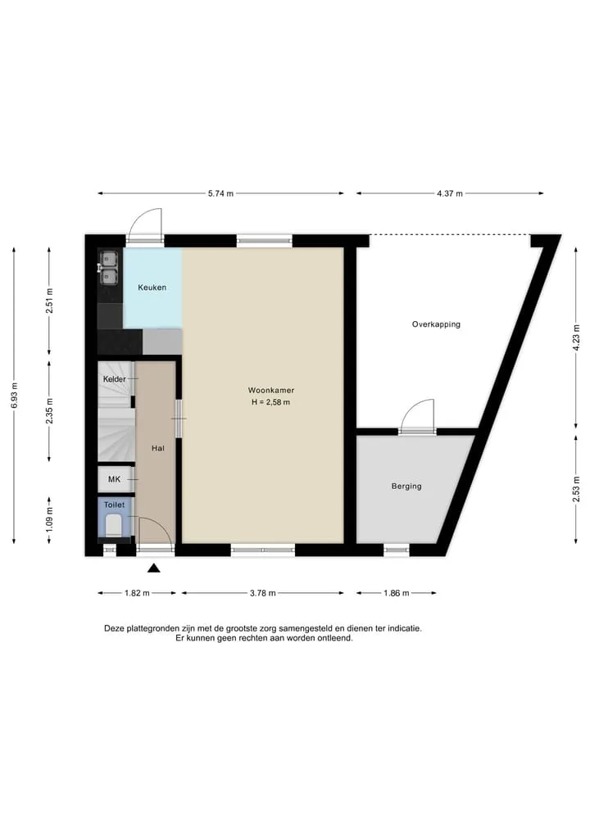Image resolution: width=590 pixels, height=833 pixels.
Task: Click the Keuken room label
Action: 152,287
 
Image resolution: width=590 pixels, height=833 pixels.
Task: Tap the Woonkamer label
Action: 271,390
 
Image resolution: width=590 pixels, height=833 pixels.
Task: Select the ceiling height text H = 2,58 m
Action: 271,402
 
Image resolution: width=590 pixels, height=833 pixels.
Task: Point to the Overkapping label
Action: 436,324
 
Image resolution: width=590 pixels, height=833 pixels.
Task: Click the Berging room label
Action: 406,486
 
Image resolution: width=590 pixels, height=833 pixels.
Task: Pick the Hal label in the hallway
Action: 158,448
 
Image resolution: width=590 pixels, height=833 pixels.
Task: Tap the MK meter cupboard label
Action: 114,479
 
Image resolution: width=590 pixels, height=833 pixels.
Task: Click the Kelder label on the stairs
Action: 114,378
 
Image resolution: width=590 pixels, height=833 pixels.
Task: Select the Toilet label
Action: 114,505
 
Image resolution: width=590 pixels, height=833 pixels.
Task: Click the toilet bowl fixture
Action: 113,527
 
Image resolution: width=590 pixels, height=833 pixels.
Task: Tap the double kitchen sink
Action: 109,269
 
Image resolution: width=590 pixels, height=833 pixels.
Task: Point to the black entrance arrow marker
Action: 153,568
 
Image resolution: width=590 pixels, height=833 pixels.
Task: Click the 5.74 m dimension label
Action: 220,193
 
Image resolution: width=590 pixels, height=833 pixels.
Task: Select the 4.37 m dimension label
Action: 450,193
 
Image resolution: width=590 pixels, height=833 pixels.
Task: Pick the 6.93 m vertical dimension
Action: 14,396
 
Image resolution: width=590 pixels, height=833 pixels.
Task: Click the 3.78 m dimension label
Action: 262,593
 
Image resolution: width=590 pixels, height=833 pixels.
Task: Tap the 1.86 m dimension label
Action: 397,593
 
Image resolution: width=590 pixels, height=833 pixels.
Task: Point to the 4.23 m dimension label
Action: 576,338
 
